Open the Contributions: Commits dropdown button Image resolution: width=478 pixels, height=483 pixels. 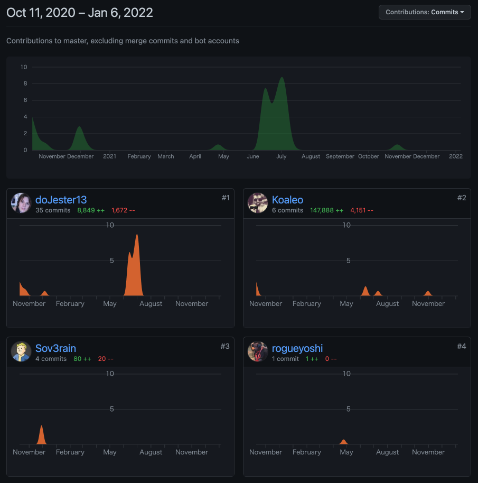(x=425, y=12)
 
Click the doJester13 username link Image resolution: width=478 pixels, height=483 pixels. (x=61, y=200)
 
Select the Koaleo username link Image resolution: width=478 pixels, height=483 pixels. (x=287, y=200)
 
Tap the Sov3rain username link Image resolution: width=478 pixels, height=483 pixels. (x=55, y=348)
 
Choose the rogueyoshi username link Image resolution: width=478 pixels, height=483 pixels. (x=297, y=348)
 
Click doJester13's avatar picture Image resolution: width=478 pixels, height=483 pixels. (x=21, y=203)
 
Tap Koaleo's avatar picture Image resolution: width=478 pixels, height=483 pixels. (x=258, y=203)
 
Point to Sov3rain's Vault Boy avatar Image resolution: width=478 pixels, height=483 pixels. (x=21, y=352)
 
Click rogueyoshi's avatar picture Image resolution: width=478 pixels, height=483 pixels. (x=258, y=352)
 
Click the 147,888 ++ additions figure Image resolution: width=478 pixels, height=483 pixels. (x=326, y=210)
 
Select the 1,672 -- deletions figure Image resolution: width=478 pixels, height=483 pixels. (x=123, y=210)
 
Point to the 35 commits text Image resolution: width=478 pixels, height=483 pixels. (x=53, y=210)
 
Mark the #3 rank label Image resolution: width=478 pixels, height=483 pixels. (x=225, y=346)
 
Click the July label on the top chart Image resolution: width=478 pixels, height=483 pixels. (x=281, y=156)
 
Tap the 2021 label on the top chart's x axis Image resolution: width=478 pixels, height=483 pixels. (x=110, y=156)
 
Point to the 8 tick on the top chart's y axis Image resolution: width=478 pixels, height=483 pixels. (x=24, y=83)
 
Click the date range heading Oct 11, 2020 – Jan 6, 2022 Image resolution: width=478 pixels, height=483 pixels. (x=80, y=13)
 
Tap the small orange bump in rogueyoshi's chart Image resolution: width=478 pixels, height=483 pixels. (x=344, y=442)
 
